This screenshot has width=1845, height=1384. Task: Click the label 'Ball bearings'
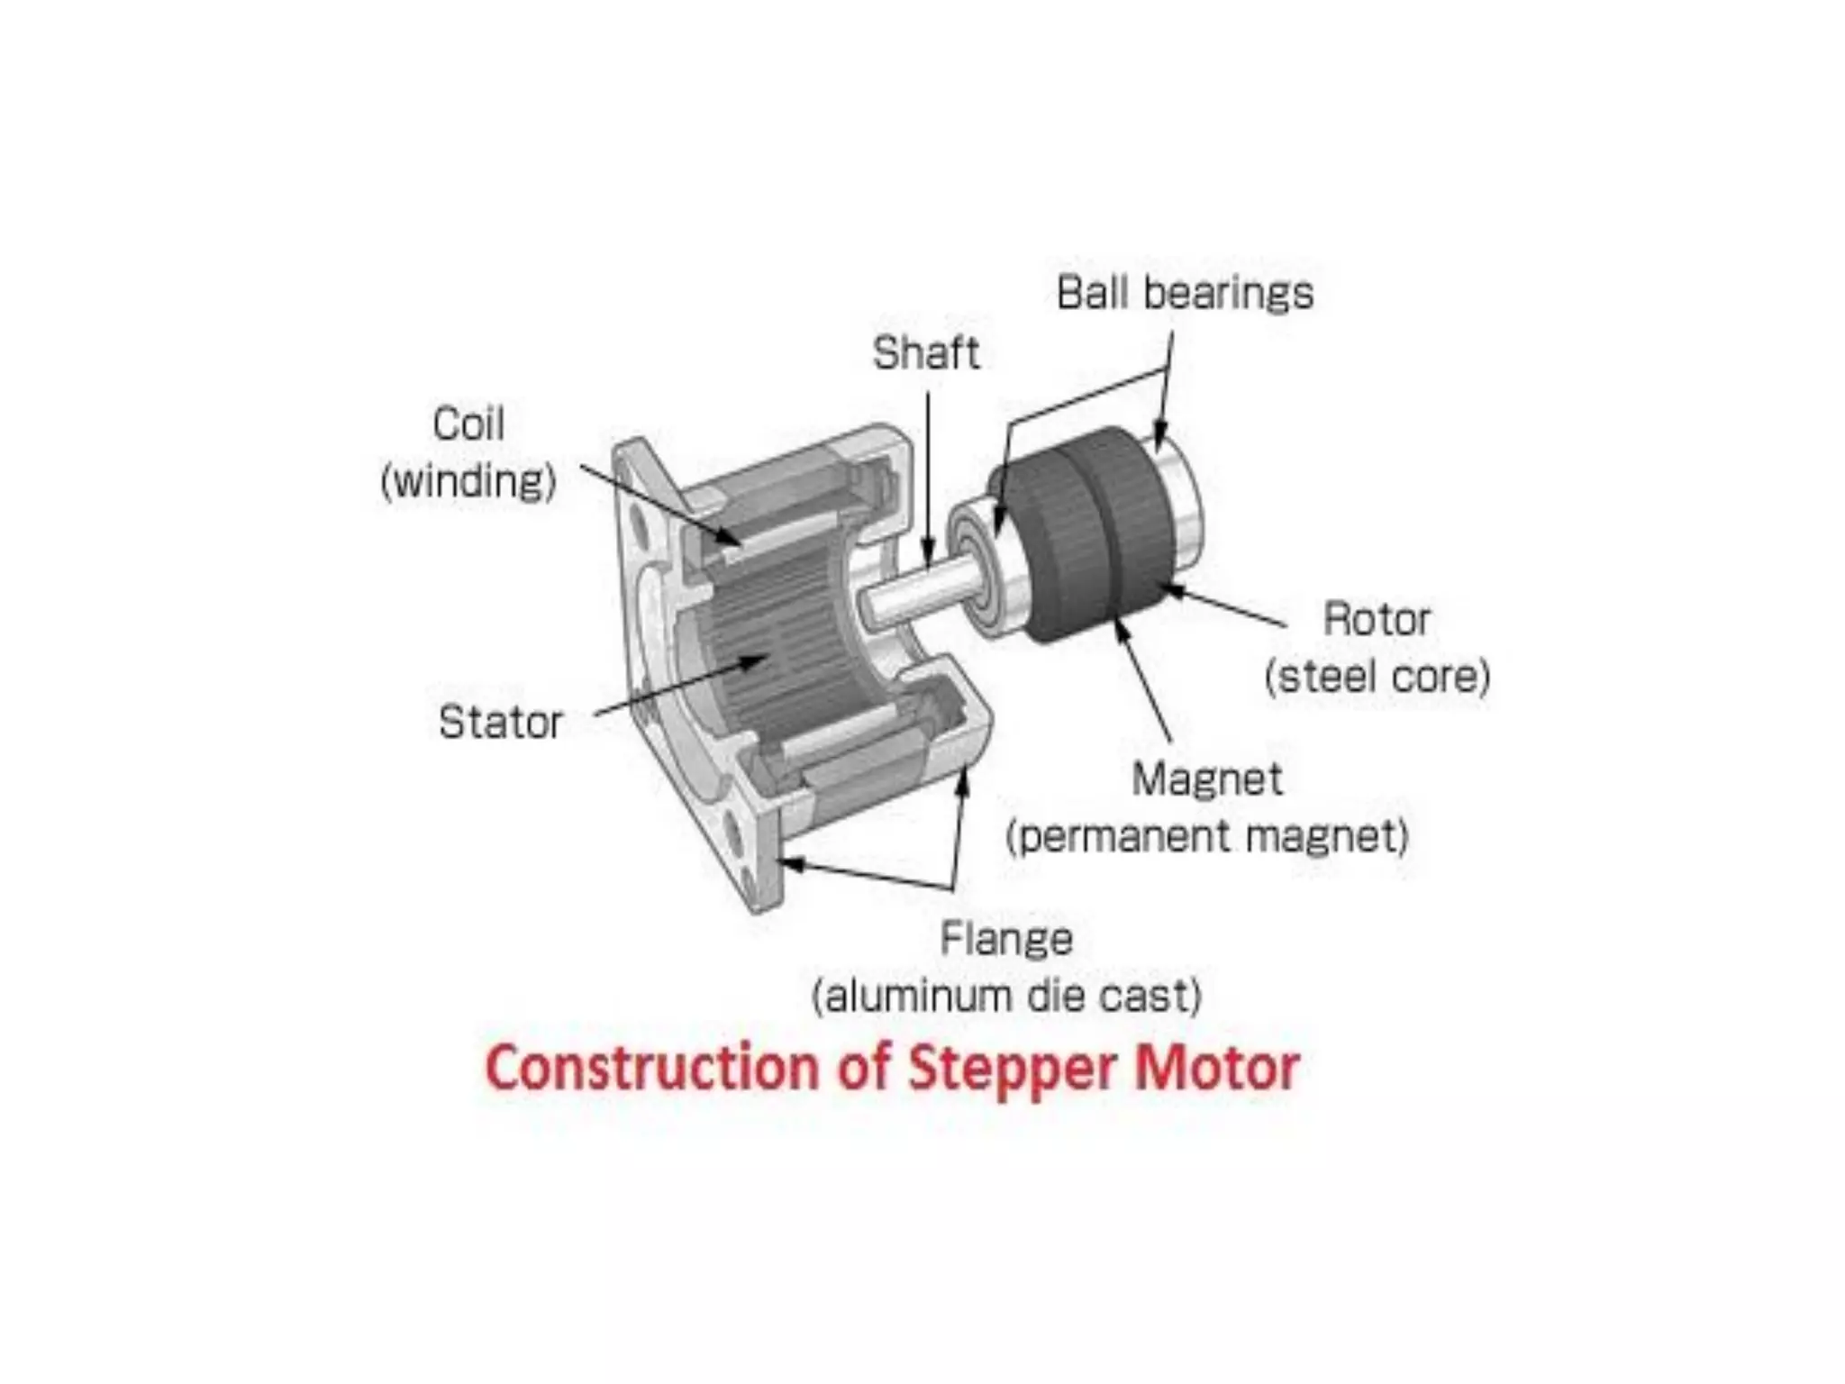1185,294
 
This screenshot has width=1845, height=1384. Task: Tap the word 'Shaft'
925,353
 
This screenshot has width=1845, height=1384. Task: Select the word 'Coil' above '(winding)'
468,424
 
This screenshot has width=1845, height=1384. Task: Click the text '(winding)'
468,481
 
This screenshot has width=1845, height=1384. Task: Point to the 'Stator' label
500,723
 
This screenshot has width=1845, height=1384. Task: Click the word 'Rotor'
1376,620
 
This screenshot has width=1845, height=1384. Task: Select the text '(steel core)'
1377,677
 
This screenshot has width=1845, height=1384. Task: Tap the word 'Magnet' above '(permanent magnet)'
1206,779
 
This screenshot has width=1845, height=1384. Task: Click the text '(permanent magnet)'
1206,837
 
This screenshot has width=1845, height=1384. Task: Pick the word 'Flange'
1006,939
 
